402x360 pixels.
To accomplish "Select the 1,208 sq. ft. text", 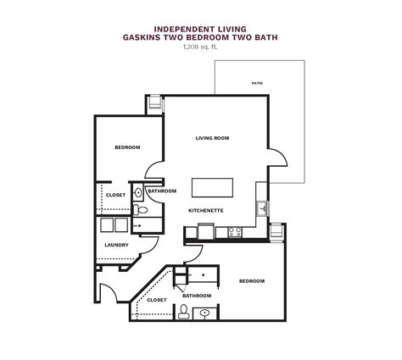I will click(x=200, y=47).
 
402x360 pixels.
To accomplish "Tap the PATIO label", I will click(x=257, y=84).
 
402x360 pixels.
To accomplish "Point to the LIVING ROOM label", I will click(x=212, y=138).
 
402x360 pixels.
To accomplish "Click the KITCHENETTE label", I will click(x=205, y=209).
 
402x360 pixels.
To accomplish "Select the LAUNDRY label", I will click(x=116, y=246).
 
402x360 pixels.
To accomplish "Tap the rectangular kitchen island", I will click(x=212, y=186).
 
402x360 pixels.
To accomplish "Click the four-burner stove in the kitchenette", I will click(x=234, y=230).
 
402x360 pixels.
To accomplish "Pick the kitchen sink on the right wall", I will click(x=262, y=208).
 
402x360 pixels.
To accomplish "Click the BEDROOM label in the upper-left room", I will click(x=127, y=147).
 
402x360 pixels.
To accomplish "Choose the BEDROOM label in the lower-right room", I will click(x=251, y=281).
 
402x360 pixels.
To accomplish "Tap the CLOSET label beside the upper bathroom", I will click(x=115, y=195).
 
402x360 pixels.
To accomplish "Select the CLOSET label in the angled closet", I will click(x=157, y=299).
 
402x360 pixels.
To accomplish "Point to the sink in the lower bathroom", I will click(x=205, y=313).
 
